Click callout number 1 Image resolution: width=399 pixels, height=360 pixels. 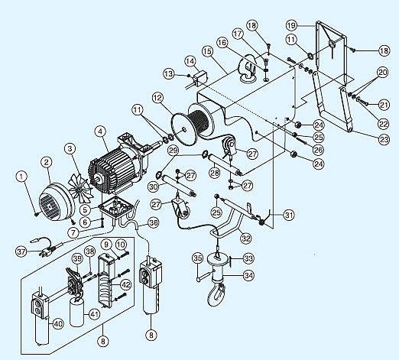pos(21,177)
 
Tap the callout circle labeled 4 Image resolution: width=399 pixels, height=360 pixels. pos(100,131)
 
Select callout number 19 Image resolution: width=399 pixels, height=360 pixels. pos(291,25)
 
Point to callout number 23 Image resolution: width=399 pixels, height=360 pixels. pos(384,139)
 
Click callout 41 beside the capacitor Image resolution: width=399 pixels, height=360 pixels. pos(94,314)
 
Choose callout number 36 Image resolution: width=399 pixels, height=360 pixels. pos(154,223)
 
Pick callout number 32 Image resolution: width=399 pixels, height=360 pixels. pos(246,238)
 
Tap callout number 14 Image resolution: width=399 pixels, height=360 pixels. pos(190,61)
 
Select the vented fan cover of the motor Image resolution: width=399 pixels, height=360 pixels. pos(56,201)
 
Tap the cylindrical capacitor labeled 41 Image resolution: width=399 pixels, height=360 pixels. pos(76,313)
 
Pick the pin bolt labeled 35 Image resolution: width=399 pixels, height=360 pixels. pos(203,277)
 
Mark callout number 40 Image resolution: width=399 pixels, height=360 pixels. pos(58,324)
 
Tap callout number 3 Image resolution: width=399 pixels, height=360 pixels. pos(70,148)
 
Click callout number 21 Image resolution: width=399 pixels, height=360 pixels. pos(384,105)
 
